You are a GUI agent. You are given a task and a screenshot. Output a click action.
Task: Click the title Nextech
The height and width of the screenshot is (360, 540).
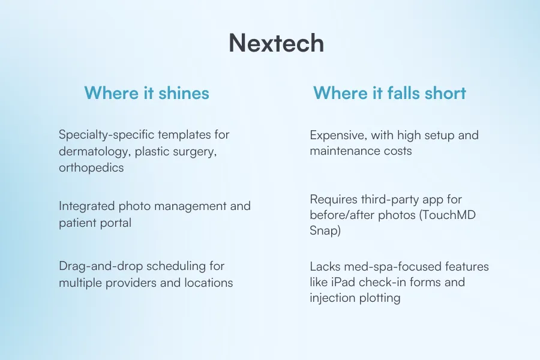(276, 43)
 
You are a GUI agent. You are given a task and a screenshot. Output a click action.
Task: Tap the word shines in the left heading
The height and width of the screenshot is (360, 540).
(184, 93)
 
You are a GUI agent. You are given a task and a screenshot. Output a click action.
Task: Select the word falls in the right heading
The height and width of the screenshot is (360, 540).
(403, 93)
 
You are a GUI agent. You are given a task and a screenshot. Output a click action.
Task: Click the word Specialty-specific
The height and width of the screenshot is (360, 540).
(109, 134)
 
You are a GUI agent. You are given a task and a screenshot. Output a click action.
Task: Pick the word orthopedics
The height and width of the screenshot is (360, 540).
(91, 168)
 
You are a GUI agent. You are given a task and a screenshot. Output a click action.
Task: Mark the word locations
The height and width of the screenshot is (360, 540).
(209, 283)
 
